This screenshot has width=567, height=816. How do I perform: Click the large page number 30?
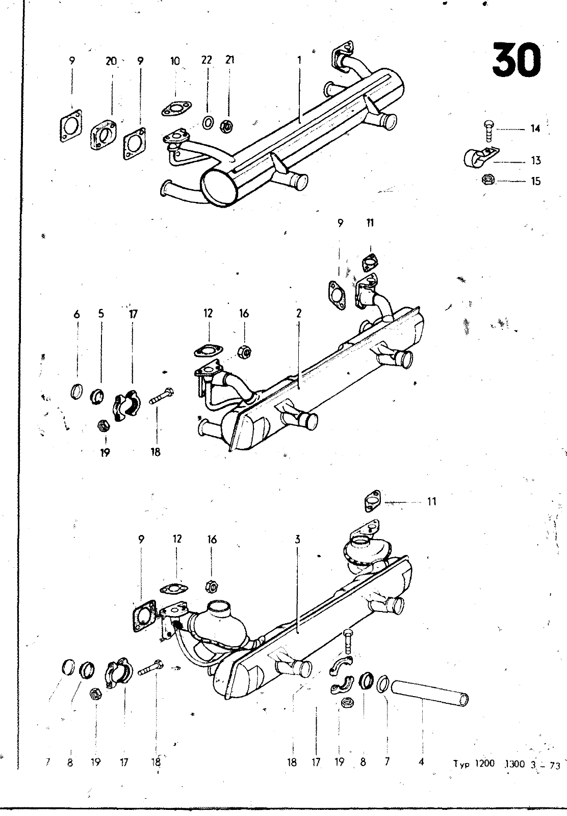click(x=517, y=59)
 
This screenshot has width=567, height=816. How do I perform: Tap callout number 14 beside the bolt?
click(x=535, y=129)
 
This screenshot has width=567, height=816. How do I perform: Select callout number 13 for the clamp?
click(x=536, y=160)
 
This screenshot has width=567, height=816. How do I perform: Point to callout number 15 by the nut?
click(x=536, y=181)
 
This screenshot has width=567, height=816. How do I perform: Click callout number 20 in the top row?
click(x=111, y=61)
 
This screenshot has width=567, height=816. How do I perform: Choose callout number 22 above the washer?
click(x=207, y=60)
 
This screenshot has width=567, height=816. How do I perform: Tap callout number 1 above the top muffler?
click(x=299, y=60)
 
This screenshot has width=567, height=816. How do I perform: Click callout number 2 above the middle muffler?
click(x=299, y=313)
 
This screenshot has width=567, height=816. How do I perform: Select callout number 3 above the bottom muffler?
click(x=297, y=540)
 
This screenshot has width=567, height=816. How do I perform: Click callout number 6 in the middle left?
click(x=76, y=314)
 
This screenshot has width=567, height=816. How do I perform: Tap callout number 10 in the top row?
click(x=175, y=61)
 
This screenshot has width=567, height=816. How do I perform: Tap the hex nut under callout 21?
click(x=226, y=126)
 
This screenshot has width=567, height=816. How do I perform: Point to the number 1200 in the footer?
click(x=485, y=763)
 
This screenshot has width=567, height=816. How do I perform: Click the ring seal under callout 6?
click(x=76, y=392)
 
